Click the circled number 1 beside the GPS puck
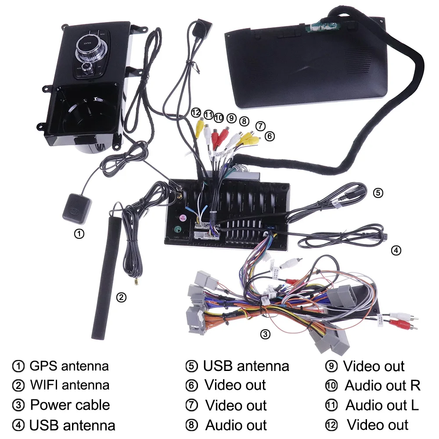click(79, 234)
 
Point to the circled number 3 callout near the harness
click(265, 334)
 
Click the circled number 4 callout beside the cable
click(396, 251)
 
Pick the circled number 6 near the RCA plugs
click(270, 137)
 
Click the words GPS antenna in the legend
click(69, 366)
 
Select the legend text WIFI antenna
click(69, 385)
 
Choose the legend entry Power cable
click(70, 405)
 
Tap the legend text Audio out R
click(382, 385)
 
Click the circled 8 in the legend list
click(191, 425)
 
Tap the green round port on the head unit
click(176, 230)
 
